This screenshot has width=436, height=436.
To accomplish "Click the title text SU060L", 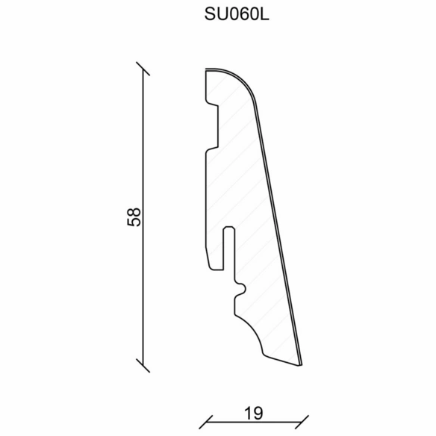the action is [x=237, y=14].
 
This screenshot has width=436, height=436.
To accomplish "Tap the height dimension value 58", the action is [x=134, y=217].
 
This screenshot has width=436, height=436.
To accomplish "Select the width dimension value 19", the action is [x=254, y=414].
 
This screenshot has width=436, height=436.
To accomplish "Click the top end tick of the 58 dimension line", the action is [x=143, y=69].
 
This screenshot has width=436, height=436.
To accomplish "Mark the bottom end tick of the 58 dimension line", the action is [x=143, y=365].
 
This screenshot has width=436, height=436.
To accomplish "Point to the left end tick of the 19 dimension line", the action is [x=206, y=422].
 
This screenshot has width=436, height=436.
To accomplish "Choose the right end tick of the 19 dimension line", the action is [x=302, y=422].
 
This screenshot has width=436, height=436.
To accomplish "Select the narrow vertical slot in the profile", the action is [x=229, y=248].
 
